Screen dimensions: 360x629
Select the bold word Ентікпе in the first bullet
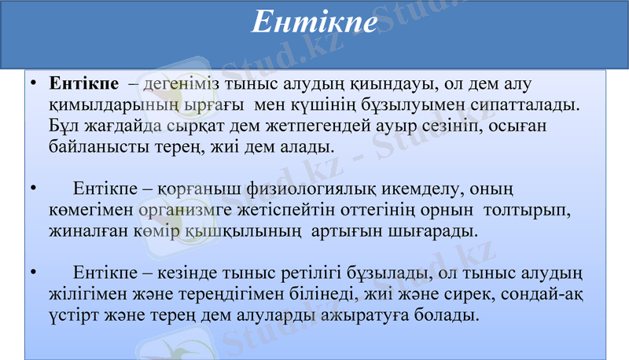(x=84, y=83)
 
